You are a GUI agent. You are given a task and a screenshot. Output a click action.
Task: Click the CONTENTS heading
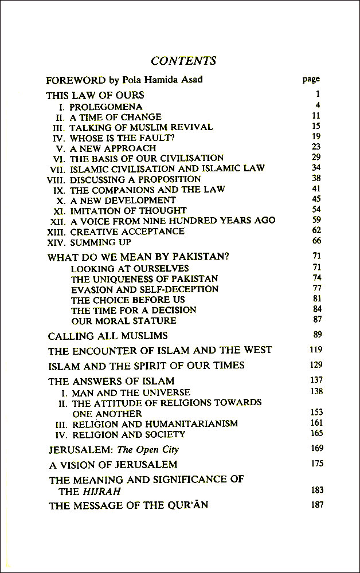click(183, 61)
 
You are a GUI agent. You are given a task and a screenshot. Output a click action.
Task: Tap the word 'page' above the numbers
click(311, 79)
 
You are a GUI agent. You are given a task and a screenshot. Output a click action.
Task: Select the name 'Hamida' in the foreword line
click(163, 80)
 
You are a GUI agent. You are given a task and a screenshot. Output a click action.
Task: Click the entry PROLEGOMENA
click(106, 107)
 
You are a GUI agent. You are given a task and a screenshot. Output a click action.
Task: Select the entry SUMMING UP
click(100, 242)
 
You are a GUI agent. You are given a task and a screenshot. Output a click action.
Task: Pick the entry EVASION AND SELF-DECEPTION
click(144, 289)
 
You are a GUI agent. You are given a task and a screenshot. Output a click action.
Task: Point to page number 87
click(317, 319)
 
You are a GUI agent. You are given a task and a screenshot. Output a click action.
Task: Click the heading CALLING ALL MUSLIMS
click(108, 335)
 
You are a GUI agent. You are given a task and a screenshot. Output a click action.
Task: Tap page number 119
click(315, 350)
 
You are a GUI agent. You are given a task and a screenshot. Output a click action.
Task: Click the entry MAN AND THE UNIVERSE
click(131, 393)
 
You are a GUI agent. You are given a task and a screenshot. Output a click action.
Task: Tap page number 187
click(315, 505)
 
